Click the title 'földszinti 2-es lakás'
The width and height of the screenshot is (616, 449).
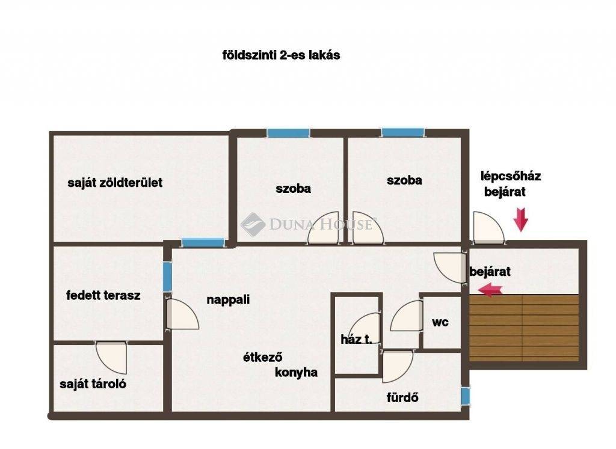click(x=281, y=55)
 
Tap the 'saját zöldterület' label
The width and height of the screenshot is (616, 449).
click(x=115, y=183)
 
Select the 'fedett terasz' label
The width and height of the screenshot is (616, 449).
click(x=103, y=295)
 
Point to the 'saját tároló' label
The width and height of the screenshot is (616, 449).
click(x=93, y=384)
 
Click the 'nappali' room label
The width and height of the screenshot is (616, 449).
click(x=228, y=300)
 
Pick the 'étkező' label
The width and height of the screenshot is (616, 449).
click(x=262, y=358)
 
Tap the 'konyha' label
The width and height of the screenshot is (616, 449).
click(x=296, y=372)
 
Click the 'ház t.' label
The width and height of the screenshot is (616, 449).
click(x=356, y=339)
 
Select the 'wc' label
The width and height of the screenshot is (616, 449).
click(x=440, y=323)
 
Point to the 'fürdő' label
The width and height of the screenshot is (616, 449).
click(x=402, y=397)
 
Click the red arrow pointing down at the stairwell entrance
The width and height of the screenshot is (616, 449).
click(x=521, y=220)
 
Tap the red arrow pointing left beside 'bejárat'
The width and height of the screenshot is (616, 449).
click(x=490, y=290)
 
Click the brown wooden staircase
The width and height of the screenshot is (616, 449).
click(x=524, y=328)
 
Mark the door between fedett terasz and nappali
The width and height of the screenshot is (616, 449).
click(x=182, y=314)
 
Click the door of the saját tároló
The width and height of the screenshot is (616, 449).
click(x=112, y=356)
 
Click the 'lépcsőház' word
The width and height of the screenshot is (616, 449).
click(x=510, y=176)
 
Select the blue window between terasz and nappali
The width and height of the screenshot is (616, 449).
click(x=167, y=276)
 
